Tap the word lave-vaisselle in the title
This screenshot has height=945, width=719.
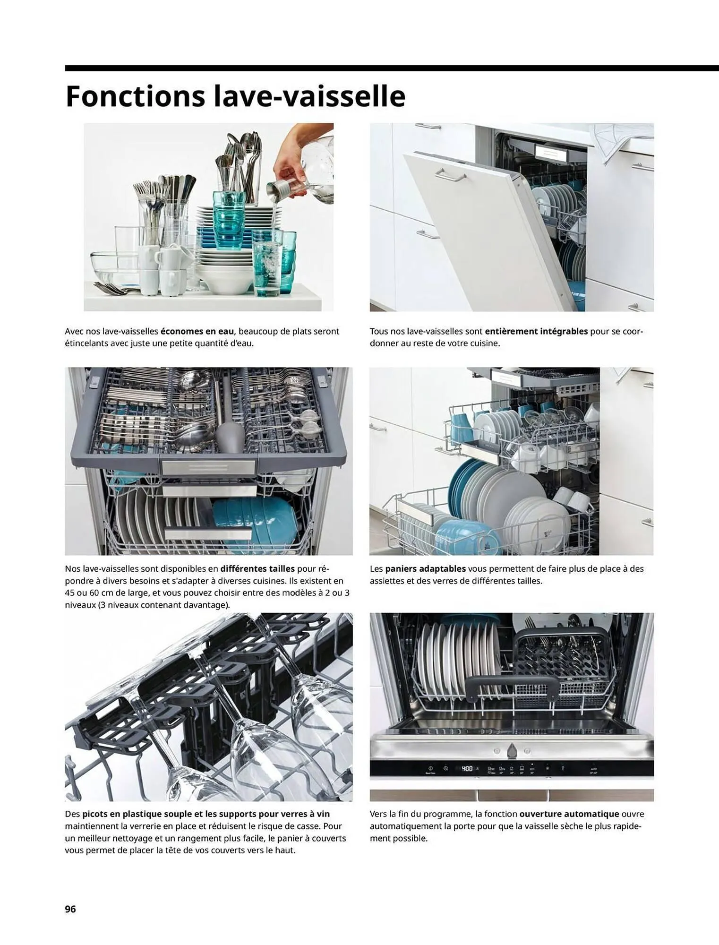(310, 96)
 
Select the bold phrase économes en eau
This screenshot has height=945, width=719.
(197, 331)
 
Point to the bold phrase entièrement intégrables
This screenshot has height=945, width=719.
(536, 331)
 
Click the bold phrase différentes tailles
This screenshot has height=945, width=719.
(257, 568)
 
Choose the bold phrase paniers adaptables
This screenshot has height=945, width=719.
(426, 568)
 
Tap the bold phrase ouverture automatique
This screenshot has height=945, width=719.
(569, 814)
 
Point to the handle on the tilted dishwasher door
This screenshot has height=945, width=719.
(450, 175)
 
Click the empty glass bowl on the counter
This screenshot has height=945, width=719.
(113, 268)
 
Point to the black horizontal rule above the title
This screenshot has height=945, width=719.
(392, 68)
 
